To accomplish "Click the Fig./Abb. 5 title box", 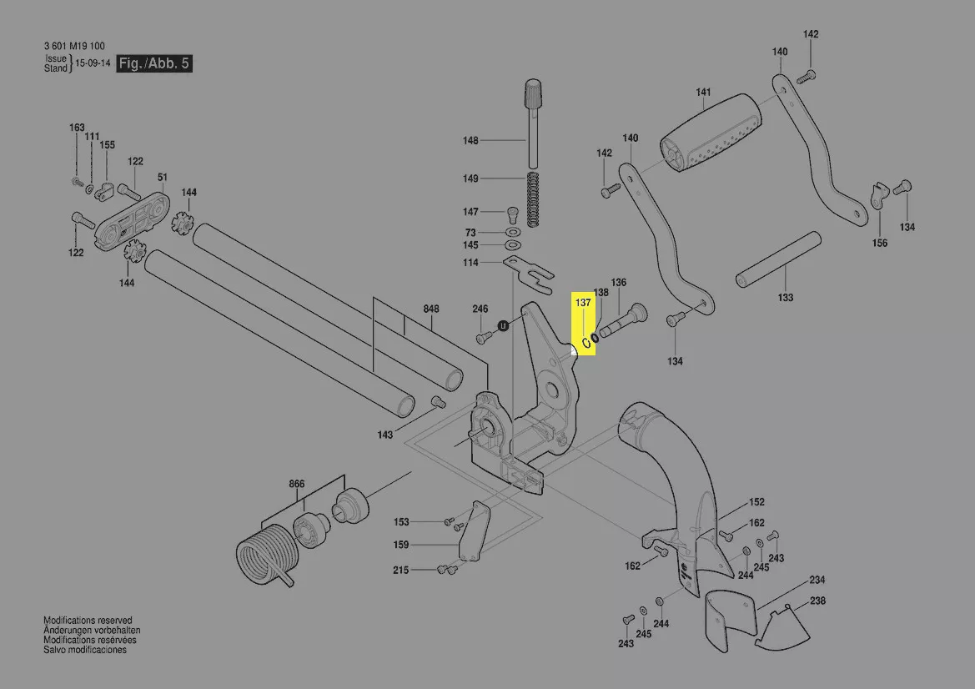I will coord(154,63).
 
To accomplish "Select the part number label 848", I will coord(430,309).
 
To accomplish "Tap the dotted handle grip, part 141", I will coord(709,133).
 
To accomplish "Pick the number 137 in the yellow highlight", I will coord(583,303).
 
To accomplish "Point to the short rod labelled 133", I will coord(775,260).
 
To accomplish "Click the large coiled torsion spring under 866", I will coord(265,553).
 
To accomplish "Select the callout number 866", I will coord(297,484).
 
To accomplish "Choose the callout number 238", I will coord(817,601).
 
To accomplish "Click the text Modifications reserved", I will coord(88,621).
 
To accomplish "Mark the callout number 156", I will coord(880,244).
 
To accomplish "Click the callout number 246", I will coord(480,309).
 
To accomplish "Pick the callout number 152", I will coord(756,502).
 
